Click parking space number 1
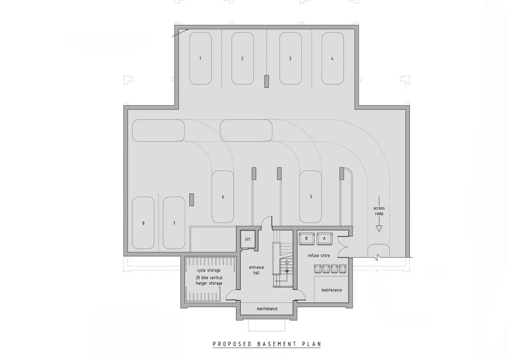click(201, 58)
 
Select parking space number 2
click(242, 58)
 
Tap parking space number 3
click(290, 58)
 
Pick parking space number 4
click(332, 58)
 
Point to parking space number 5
click(311, 197)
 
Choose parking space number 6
click(223, 197)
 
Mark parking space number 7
click(174, 223)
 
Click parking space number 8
click(143, 223)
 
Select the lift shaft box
click(248, 239)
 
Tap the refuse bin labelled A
click(324, 238)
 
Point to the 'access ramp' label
click(379, 211)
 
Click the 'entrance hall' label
click(256, 270)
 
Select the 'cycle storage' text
click(209, 270)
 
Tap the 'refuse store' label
click(319, 256)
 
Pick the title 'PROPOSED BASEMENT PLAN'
click(267, 344)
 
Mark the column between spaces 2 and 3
click(266, 81)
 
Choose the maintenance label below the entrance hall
click(267, 309)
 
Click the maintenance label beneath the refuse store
click(331, 290)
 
